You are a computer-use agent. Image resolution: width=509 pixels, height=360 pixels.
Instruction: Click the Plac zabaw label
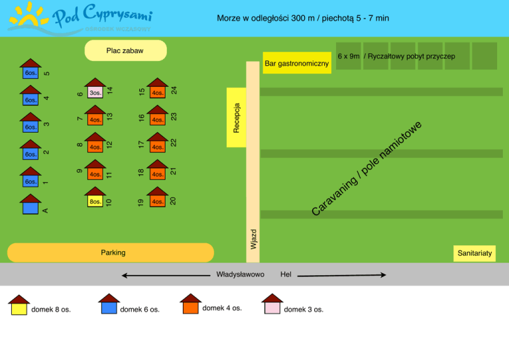click(125, 50)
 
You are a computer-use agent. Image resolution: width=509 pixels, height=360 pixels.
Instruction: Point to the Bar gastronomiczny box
click(296, 63)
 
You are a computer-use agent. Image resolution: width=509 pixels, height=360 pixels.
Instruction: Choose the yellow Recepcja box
click(236, 117)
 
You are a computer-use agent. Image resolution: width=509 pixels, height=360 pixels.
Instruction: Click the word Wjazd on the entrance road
click(253, 239)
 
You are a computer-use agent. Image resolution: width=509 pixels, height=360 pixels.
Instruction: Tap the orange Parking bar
click(111, 253)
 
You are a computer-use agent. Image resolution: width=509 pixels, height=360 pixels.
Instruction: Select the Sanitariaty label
click(475, 253)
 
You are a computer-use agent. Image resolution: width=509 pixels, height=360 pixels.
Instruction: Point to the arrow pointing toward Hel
click(342, 274)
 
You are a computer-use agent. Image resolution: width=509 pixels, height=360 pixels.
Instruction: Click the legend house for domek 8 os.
click(19, 305)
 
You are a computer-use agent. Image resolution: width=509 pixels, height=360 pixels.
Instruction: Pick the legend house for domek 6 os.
click(109, 304)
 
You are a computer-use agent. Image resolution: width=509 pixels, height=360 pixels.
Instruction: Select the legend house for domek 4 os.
click(190, 304)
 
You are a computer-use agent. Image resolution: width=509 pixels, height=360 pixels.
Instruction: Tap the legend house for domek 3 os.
click(272, 304)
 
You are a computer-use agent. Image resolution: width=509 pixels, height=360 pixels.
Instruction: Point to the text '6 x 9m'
click(348, 57)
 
